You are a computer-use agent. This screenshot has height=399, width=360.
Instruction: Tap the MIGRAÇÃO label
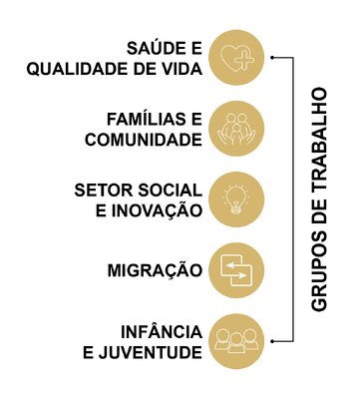click(154, 270)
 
